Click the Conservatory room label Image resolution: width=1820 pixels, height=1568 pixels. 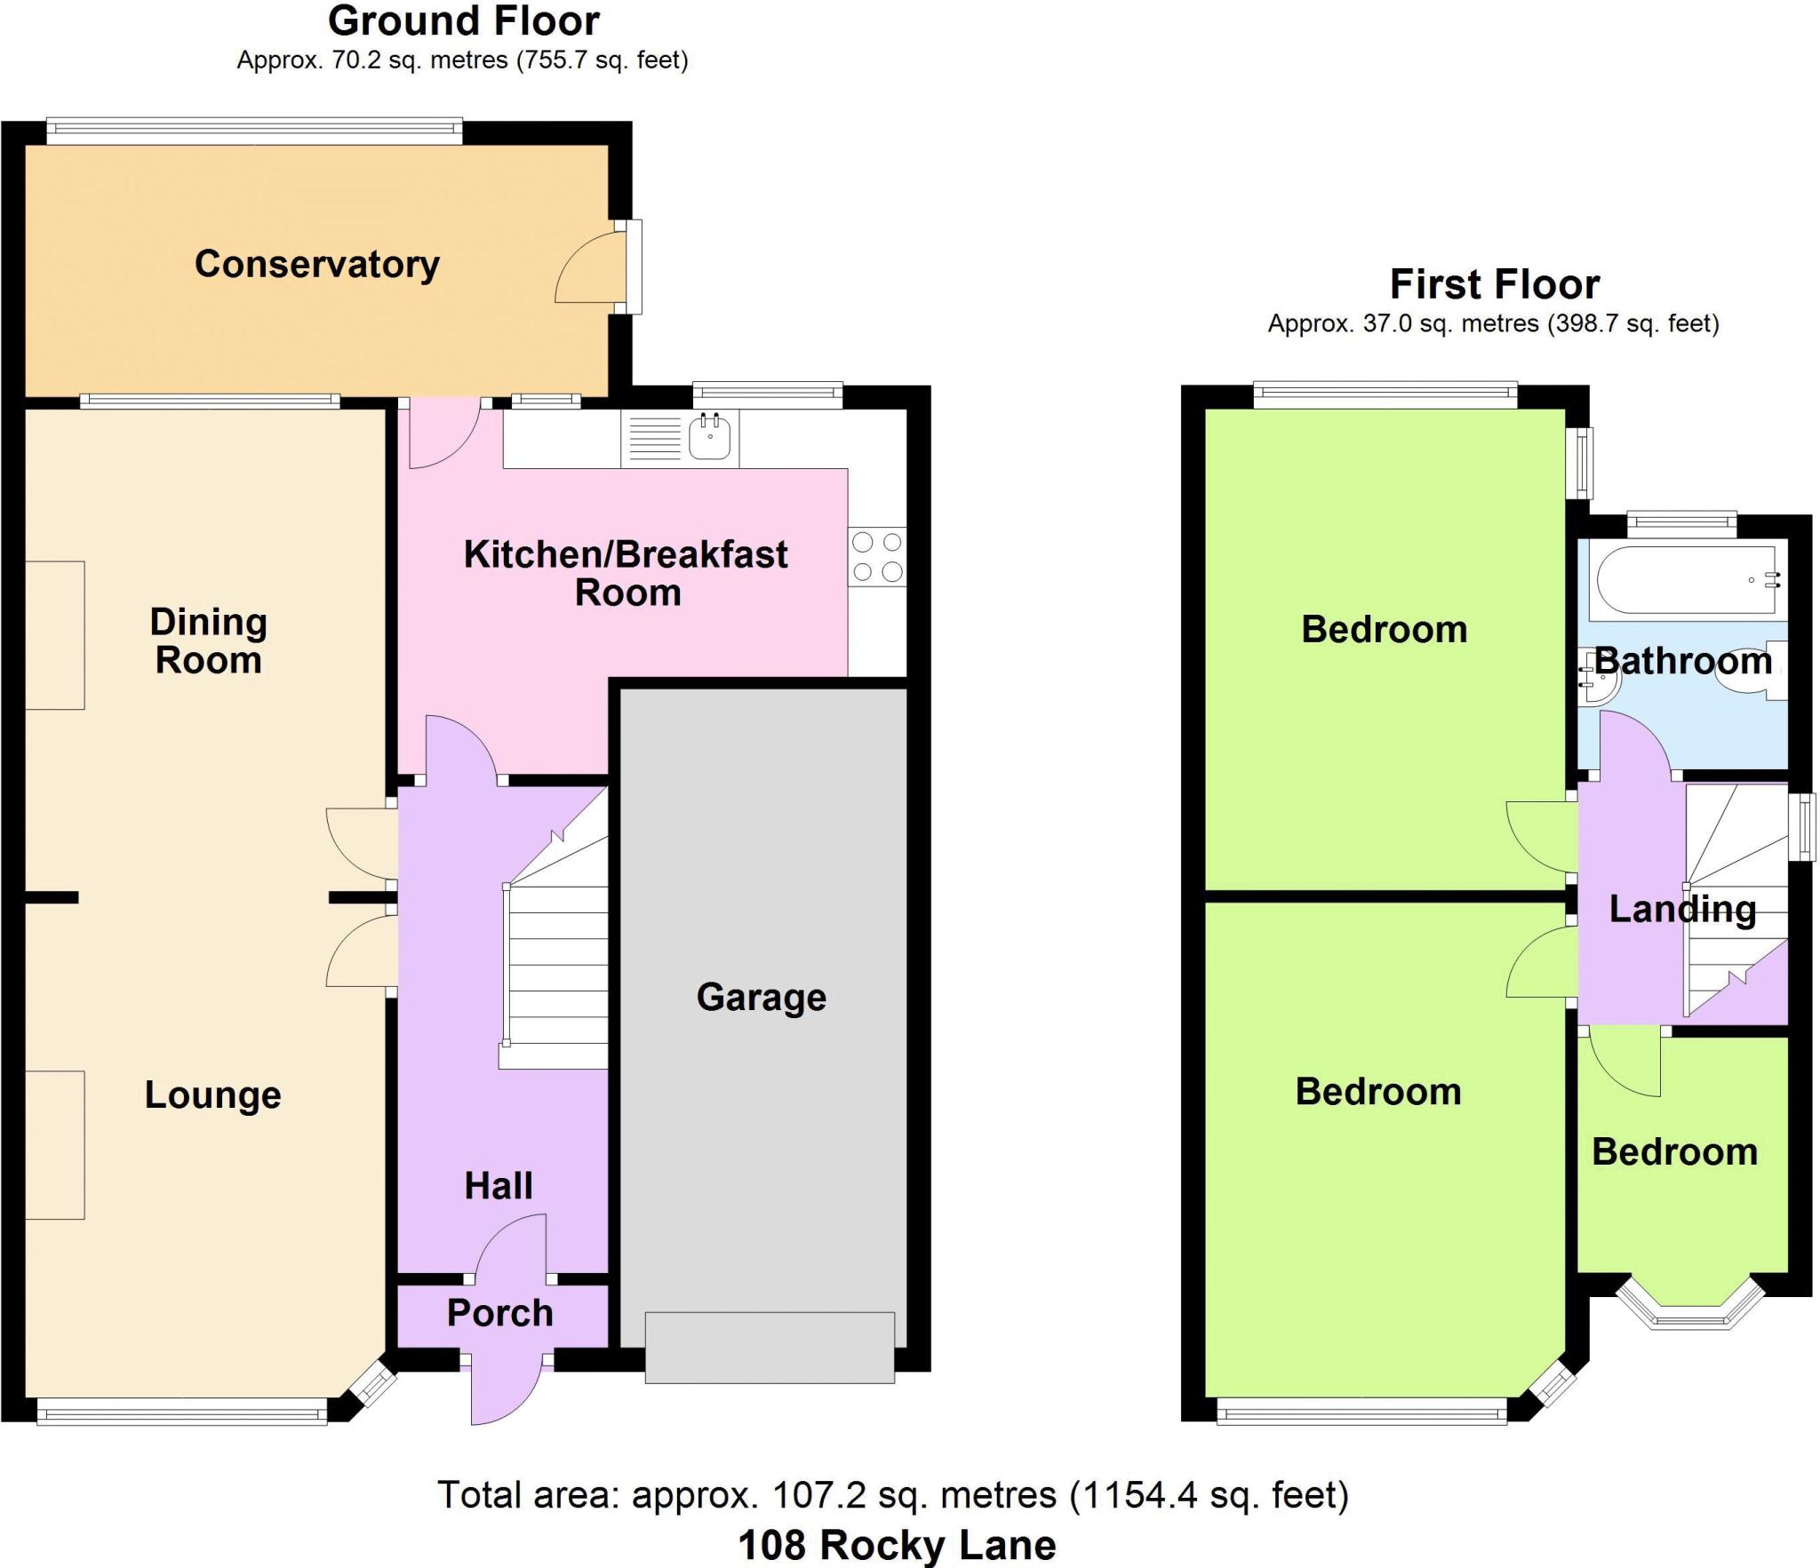click(x=317, y=264)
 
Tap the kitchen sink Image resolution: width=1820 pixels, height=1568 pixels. click(x=710, y=436)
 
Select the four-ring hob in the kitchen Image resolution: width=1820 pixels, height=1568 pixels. click(x=877, y=557)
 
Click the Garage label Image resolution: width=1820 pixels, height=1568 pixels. click(x=761, y=997)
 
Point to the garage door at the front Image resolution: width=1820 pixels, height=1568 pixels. click(x=770, y=1347)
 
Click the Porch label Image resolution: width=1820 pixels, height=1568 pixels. click(x=499, y=1313)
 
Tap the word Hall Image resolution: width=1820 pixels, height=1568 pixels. click(x=499, y=1185)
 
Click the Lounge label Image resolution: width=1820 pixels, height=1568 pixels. click(x=213, y=1094)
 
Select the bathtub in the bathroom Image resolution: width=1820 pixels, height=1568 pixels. click(x=1685, y=581)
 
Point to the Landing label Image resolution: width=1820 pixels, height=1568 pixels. click(x=1682, y=909)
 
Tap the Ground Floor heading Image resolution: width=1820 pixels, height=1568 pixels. click(x=464, y=21)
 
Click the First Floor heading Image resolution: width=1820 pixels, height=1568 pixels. click(x=1495, y=284)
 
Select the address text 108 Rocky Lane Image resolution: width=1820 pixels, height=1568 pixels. click(x=897, y=1545)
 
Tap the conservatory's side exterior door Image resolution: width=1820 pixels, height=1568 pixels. click(x=633, y=267)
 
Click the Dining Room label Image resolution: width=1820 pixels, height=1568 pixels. click(x=209, y=641)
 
